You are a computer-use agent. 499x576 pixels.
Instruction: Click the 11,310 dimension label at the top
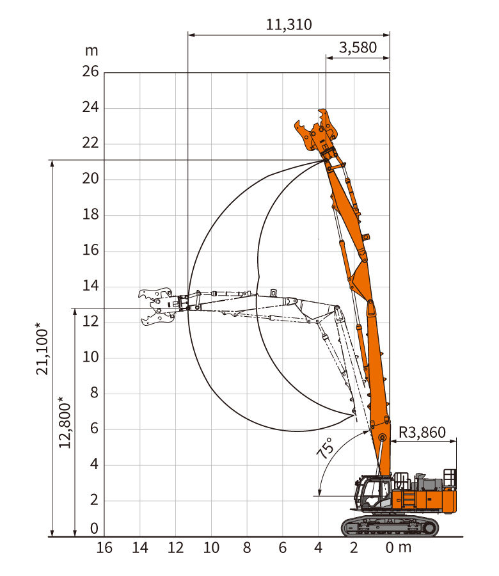(x=289, y=24)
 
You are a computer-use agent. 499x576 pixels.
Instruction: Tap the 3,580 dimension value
(x=358, y=47)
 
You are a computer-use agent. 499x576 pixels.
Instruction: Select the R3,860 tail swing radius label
(x=422, y=433)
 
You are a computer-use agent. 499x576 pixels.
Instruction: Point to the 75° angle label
(x=326, y=448)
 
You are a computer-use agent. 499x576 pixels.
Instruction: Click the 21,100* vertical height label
(x=42, y=349)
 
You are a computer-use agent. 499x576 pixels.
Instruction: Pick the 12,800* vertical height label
(x=65, y=422)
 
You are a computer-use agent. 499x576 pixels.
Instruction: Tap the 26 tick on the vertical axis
(x=90, y=71)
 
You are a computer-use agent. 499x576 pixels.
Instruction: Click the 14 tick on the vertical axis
(x=90, y=285)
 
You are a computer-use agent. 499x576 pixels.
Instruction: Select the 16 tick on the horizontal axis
(x=104, y=548)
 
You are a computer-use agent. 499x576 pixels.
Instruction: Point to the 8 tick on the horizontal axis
(x=247, y=548)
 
